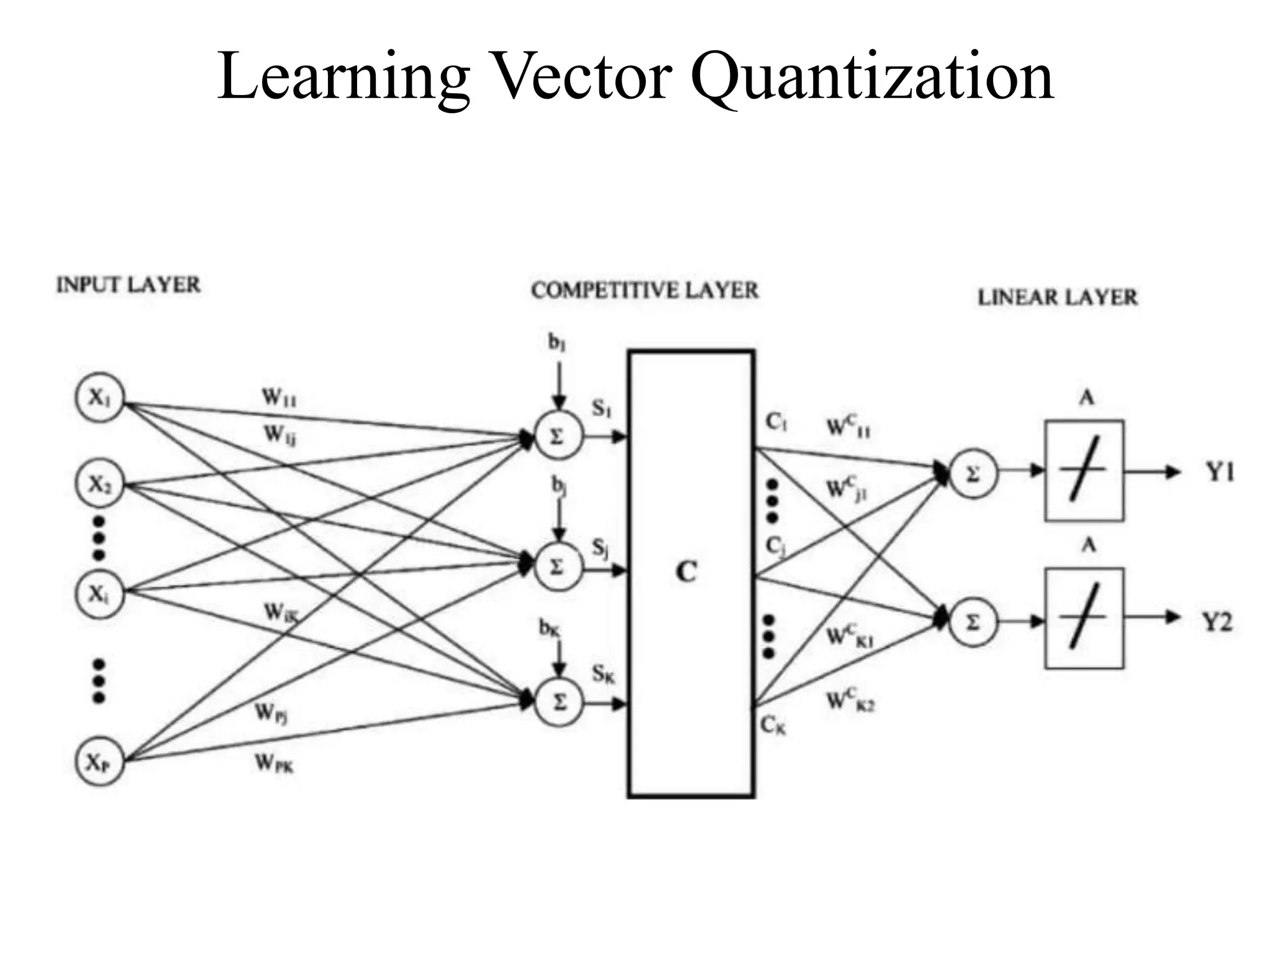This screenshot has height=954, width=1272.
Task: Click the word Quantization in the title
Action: click(x=873, y=78)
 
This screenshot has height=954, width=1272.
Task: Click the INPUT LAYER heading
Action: click(x=129, y=285)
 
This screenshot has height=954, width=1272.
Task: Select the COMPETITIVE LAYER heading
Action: click(x=645, y=291)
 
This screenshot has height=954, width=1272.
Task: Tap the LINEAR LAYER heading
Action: click(x=1057, y=298)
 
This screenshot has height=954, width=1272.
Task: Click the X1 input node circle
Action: click(x=99, y=397)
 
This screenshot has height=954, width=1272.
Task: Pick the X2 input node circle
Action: click(x=99, y=484)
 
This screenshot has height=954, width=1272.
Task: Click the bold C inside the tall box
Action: click(x=686, y=572)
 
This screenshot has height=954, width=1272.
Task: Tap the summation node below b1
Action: click(x=558, y=437)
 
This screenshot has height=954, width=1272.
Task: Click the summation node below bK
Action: click(x=559, y=703)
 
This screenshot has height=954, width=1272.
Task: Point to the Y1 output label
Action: click(x=1220, y=473)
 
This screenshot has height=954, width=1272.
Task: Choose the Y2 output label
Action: click(x=1217, y=621)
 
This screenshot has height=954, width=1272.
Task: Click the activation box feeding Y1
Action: click(x=1084, y=471)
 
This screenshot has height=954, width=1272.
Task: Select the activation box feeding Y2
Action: click(x=1084, y=618)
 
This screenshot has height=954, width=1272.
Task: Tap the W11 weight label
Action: click(x=279, y=397)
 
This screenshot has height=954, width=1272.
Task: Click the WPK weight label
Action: click(x=274, y=763)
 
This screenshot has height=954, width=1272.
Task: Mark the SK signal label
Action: click(x=602, y=673)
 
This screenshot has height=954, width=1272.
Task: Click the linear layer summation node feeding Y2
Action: click(x=973, y=622)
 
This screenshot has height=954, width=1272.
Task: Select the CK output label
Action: click(x=773, y=725)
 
